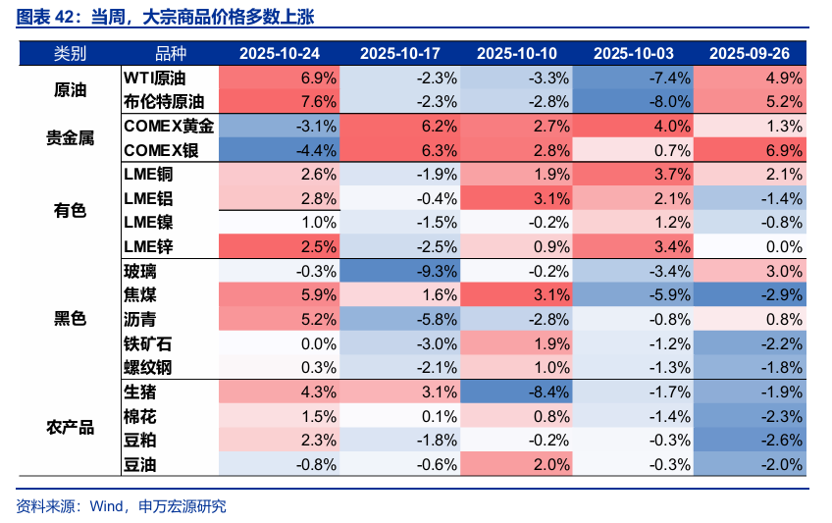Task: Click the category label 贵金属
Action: pyautogui.click(x=70, y=138)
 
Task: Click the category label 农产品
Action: pyautogui.click(x=70, y=428)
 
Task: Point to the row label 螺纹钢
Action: pyautogui.click(x=148, y=367)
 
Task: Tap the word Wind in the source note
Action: pyautogui.click(x=104, y=506)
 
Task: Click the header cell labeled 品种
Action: pyautogui.click(x=170, y=53)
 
